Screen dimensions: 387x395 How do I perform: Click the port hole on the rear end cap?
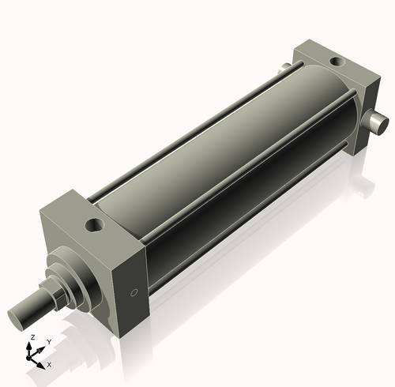pos(336,61)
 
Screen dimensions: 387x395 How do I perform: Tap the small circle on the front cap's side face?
pos(134,294)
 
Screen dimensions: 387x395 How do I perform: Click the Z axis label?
pos(32,337)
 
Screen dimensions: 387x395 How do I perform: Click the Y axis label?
pos(49,341)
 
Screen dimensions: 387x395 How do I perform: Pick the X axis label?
pos(49,365)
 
